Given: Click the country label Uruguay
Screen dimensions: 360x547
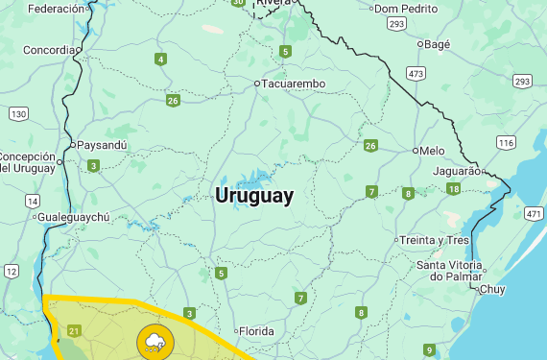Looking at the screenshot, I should tap(254, 196).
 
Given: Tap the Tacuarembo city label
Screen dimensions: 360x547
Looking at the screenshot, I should tap(294, 84).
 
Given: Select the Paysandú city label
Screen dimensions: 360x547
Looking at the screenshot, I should tap(102, 146).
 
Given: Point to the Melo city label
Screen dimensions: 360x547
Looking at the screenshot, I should tap(433, 151).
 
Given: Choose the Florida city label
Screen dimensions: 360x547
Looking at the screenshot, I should tap(256, 331).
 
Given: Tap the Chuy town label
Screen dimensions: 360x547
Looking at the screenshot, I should tap(492, 289).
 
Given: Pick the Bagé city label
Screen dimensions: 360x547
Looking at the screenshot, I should tap(437, 43).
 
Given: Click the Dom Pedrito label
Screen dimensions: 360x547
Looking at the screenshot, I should tap(405, 9).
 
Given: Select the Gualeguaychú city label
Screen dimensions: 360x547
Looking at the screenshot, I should tap(73, 217).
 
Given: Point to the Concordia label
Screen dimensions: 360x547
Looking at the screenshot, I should tap(48, 50).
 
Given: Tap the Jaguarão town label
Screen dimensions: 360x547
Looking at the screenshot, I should tap(456, 171).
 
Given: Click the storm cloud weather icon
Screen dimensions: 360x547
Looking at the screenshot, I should tap(154, 341).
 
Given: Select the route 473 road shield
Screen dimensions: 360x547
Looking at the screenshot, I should tap(416, 73).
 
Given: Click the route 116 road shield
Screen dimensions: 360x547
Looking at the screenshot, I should tap(506, 142).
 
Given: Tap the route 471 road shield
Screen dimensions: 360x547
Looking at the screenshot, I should tap(535, 212).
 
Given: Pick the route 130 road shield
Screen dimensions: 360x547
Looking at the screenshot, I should tap(18, 113).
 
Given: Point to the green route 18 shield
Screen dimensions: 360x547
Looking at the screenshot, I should tap(453, 189).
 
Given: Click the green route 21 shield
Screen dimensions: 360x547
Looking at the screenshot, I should tap(75, 332).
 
